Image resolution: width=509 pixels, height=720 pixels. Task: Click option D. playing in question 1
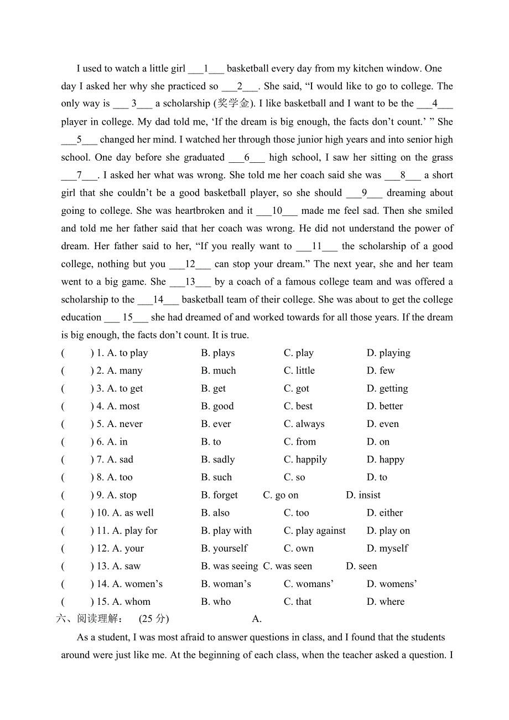click(388, 353)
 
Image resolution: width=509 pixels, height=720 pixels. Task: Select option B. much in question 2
click(218, 371)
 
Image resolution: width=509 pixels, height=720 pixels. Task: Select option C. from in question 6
click(299, 441)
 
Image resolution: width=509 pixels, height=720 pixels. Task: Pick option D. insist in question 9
click(363, 495)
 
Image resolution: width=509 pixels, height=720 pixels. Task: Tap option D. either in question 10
click(385, 512)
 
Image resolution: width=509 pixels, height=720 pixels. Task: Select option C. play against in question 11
click(314, 530)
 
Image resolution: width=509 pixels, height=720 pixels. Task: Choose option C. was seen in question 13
click(287, 565)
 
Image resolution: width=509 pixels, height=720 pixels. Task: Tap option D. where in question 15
click(385, 601)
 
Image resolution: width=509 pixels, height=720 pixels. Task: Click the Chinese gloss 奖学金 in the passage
click(233, 104)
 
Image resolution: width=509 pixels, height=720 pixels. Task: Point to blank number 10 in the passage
click(277, 210)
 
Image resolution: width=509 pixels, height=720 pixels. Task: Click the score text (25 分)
click(154, 619)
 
